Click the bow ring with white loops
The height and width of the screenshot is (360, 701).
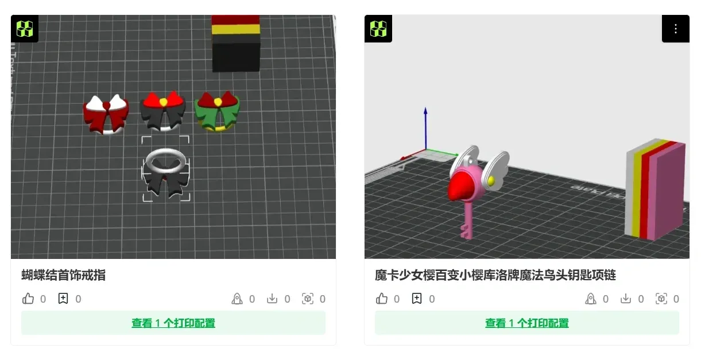(106, 113)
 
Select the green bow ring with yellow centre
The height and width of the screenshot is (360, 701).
(218, 110)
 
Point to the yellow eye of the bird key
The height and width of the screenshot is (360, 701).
(491, 180)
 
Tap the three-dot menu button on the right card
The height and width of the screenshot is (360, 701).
(675, 29)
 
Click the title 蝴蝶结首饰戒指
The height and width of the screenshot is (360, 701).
(64, 275)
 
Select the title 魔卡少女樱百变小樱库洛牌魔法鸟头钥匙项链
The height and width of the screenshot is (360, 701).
(495, 275)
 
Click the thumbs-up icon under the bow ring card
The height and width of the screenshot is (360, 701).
(28, 299)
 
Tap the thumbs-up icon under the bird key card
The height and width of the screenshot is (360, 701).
(382, 299)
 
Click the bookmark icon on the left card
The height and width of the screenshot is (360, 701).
(63, 299)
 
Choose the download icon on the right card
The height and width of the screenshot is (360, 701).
(626, 299)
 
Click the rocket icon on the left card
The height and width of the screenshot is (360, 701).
(237, 299)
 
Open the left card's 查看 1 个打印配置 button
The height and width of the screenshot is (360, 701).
(173, 323)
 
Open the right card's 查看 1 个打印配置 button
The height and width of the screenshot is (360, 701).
(526, 323)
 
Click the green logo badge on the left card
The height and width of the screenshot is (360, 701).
(25, 29)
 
